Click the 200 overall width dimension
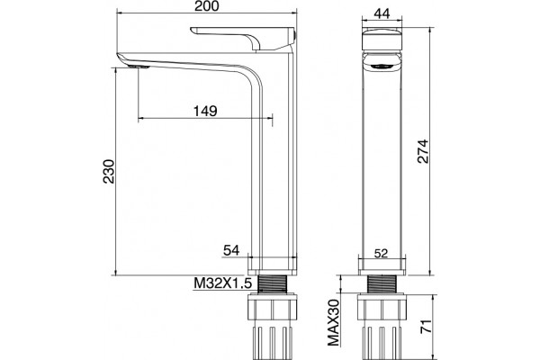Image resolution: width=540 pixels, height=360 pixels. coord(206,6)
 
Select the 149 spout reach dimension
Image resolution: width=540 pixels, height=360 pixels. coord(205,111)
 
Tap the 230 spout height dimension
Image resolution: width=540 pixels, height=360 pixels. coord(109,171)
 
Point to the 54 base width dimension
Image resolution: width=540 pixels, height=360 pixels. coord(231,250)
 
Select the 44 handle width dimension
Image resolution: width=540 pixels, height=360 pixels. coord(382,13)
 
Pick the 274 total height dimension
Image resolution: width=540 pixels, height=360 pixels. coord(423,151)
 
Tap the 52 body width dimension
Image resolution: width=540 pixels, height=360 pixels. coord(381,253)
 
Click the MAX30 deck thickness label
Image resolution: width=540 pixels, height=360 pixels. coord(333,322)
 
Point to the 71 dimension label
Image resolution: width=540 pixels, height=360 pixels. coord(427,326)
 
